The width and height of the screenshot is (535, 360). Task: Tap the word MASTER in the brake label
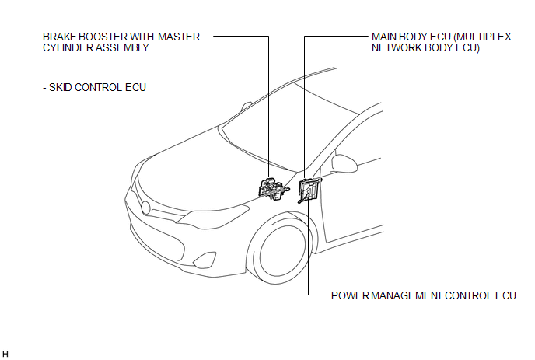point(178,37)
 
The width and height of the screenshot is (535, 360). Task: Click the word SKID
point(61,87)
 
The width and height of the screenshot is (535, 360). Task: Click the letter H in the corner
point(5,354)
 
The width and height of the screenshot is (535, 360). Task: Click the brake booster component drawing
point(274,189)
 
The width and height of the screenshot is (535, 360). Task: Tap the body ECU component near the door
point(309,190)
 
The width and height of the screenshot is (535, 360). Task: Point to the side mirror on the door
point(344,163)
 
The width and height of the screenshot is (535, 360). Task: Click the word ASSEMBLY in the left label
point(122,47)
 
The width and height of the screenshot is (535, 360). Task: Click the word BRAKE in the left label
point(60,37)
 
